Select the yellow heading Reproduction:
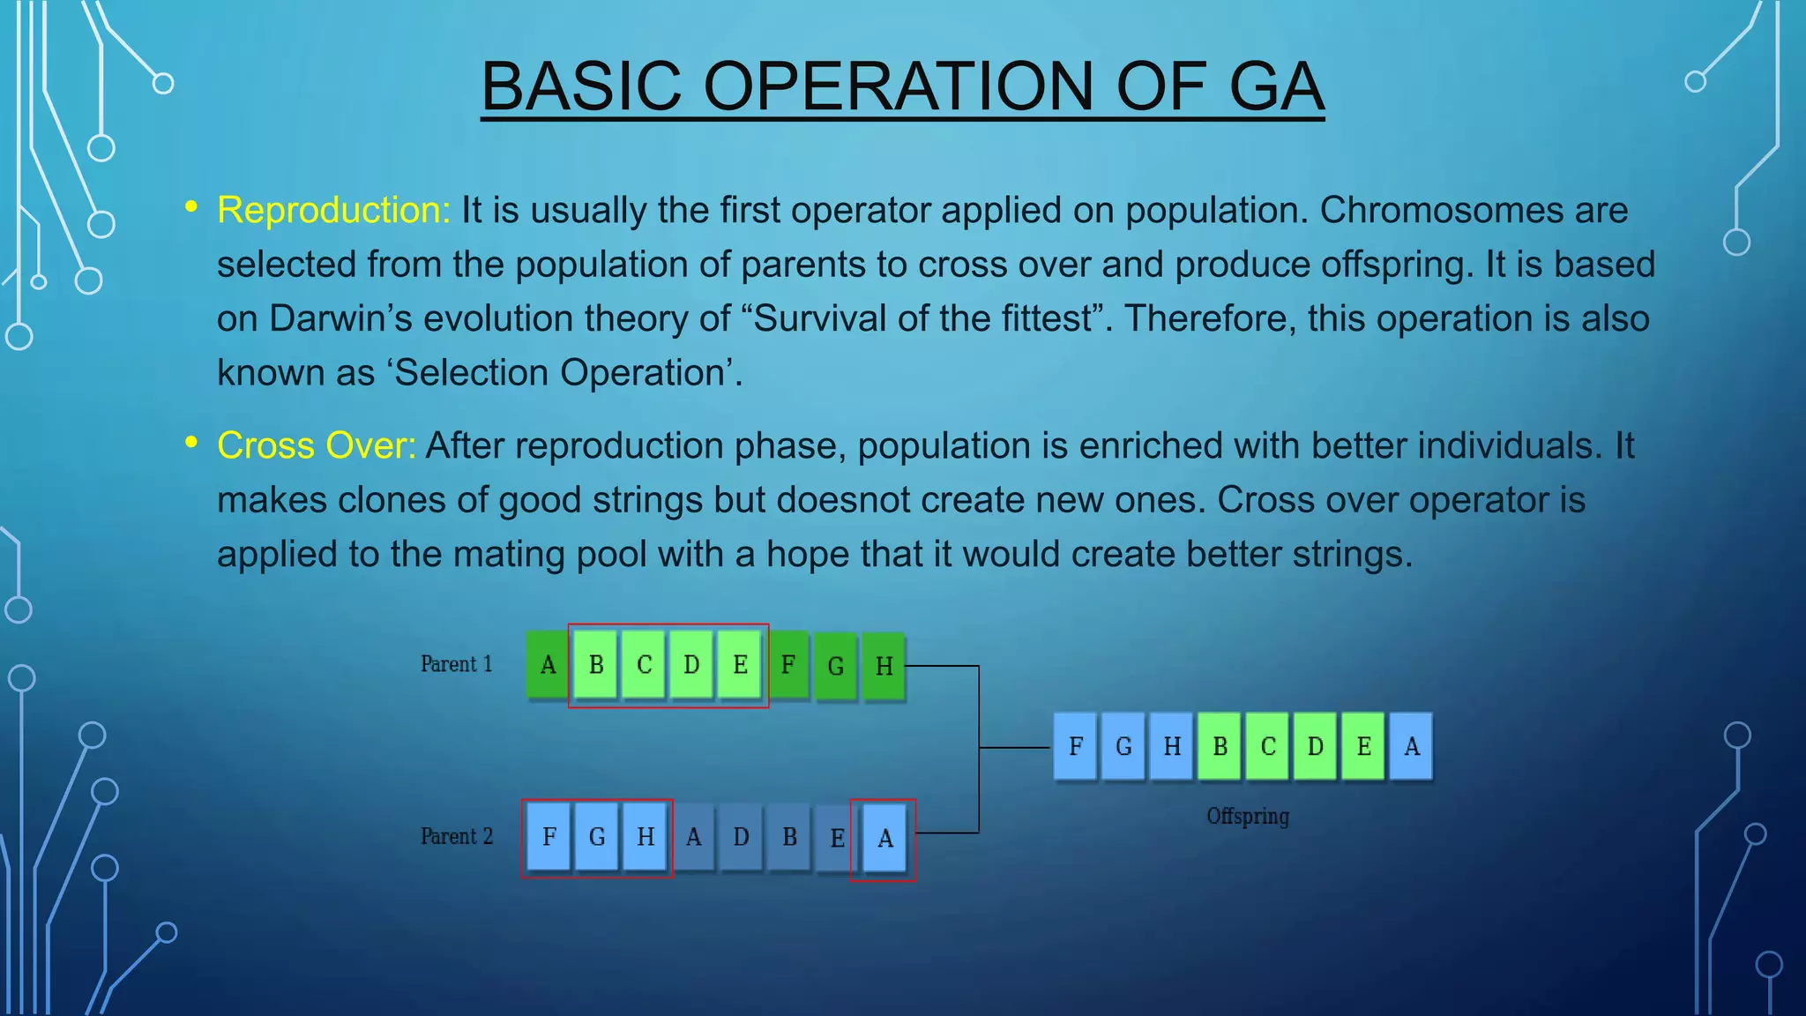click(333, 211)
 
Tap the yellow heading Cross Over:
click(316, 446)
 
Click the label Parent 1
click(456, 664)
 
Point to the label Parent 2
click(456, 836)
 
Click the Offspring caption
click(1247, 817)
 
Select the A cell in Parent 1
click(548, 665)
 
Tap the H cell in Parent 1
click(884, 667)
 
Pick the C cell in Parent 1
click(644, 665)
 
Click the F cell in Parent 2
click(549, 837)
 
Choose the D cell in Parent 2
click(741, 837)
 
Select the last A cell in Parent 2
click(884, 839)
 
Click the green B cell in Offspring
click(1220, 747)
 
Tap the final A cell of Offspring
click(1411, 747)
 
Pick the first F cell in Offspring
click(1075, 747)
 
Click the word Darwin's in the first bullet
click(340, 319)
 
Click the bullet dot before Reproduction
click(190, 207)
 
